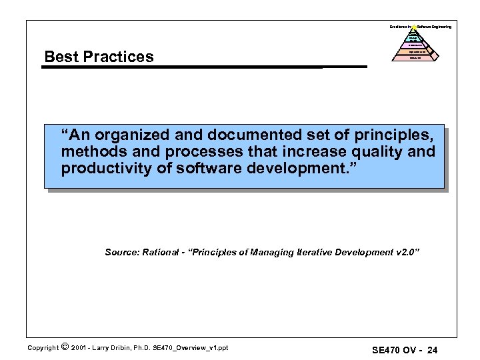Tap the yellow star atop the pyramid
point(413,27)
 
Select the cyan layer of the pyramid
point(413,39)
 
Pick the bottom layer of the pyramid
point(414,58)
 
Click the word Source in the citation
point(121,252)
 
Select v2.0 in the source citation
point(407,252)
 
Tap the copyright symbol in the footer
point(64,347)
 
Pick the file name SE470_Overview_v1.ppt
point(191,347)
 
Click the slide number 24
point(432,350)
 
